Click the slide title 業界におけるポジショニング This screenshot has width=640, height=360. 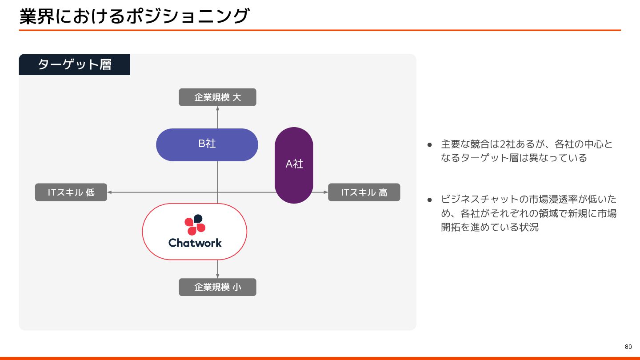click(x=134, y=16)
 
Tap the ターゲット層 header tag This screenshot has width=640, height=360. click(x=74, y=64)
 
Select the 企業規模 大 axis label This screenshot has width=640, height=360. click(x=217, y=97)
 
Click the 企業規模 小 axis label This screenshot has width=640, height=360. click(x=217, y=287)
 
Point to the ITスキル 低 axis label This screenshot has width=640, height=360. click(x=71, y=192)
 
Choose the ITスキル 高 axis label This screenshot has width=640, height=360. click(x=364, y=192)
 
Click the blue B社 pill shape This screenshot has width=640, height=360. click(x=207, y=144)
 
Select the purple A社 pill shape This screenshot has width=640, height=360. click(x=294, y=165)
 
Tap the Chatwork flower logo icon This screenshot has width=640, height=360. click(x=195, y=224)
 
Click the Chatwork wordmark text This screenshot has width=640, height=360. click(x=195, y=243)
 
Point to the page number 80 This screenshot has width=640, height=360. click(x=628, y=347)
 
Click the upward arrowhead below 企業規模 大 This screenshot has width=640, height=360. click(x=217, y=109)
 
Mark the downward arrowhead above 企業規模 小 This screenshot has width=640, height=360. click(x=217, y=276)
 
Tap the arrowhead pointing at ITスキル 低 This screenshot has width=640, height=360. click(x=110, y=192)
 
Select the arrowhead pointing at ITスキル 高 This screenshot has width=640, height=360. click(x=325, y=192)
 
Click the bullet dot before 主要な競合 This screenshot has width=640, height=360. click(x=430, y=145)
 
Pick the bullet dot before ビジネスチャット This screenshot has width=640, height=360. click(x=430, y=200)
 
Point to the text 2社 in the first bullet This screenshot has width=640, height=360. click(x=507, y=144)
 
